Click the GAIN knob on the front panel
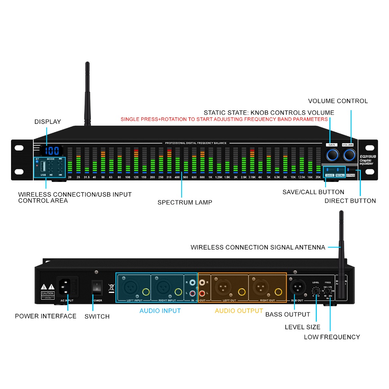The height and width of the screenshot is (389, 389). click(332, 155)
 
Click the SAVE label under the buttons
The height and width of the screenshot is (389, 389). click(330, 175)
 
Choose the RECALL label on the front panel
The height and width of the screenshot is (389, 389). click(340, 175)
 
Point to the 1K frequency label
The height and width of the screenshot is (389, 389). click(210, 177)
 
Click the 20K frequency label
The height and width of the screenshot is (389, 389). click(318, 177)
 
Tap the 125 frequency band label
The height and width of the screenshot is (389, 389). click(136, 177)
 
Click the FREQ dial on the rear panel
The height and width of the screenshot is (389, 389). click(327, 291)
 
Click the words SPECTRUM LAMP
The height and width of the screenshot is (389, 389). click(185, 202)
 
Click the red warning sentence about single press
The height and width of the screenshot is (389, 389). click(224, 119)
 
